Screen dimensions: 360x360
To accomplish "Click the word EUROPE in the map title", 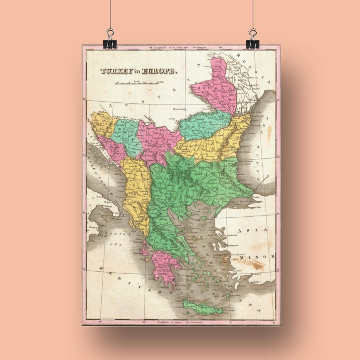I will [x=158, y=71].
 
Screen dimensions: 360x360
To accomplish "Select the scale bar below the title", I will [x=137, y=83].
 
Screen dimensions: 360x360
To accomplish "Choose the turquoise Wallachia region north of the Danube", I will [x=203, y=125].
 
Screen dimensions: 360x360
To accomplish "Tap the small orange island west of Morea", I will [x=147, y=259].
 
